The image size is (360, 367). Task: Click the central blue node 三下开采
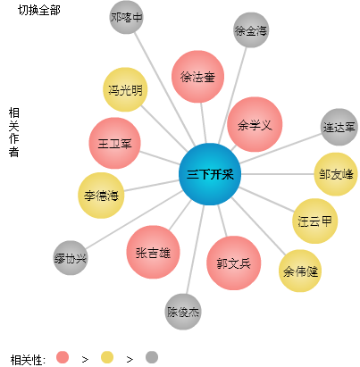[x=210, y=174]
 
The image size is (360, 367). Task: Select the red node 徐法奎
[x=197, y=77]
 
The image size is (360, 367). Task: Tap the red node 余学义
[x=255, y=124]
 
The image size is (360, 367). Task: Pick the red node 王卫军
[x=114, y=143]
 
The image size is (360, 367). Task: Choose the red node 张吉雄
[x=153, y=252]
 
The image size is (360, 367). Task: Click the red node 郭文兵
[x=234, y=263]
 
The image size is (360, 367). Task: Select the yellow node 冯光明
[x=125, y=89]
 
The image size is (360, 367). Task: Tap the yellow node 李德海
[x=101, y=196]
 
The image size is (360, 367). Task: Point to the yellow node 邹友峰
[x=336, y=174]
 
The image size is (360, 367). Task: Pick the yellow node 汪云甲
[x=315, y=221]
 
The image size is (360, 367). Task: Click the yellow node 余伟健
[x=300, y=271]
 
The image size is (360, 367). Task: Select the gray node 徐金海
[x=251, y=30]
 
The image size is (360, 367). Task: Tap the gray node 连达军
[x=339, y=127]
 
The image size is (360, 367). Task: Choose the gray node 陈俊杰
[x=183, y=312]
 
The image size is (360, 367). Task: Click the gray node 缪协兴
[x=71, y=258]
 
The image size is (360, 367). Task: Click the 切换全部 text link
[x=39, y=10]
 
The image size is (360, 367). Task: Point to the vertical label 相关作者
[x=13, y=132]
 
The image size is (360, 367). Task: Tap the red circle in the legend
[x=63, y=357]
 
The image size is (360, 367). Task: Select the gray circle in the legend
[x=152, y=357]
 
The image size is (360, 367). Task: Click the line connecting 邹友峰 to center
[x=278, y=174]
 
